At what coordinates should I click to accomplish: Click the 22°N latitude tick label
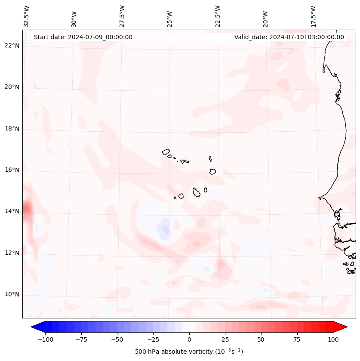[x=12, y=46]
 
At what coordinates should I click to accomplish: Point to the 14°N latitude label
[x=12, y=211]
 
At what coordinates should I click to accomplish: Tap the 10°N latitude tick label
[x=12, y=294]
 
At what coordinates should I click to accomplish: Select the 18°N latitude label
[x=12, y=129]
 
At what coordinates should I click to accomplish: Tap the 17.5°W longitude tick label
[x=313, y=16]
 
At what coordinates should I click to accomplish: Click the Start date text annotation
[x=83, y=37]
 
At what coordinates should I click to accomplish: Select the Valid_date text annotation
[x=289, y=37]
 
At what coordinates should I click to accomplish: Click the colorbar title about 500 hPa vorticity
[x=189, y=352]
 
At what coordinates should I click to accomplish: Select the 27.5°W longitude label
[x=122, y=16]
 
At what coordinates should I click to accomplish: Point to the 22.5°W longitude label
[x=218, y=16]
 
